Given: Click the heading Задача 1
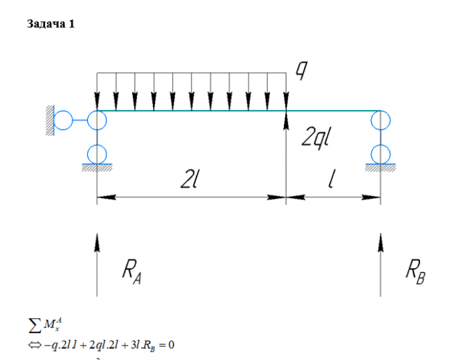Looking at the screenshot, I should pos(50,24).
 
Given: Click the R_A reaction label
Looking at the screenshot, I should pos(132,271).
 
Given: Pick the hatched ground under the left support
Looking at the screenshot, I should pos(98,167).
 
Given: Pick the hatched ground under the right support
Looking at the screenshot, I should pos(380,167).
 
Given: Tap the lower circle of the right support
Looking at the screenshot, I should pos(380,152).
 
